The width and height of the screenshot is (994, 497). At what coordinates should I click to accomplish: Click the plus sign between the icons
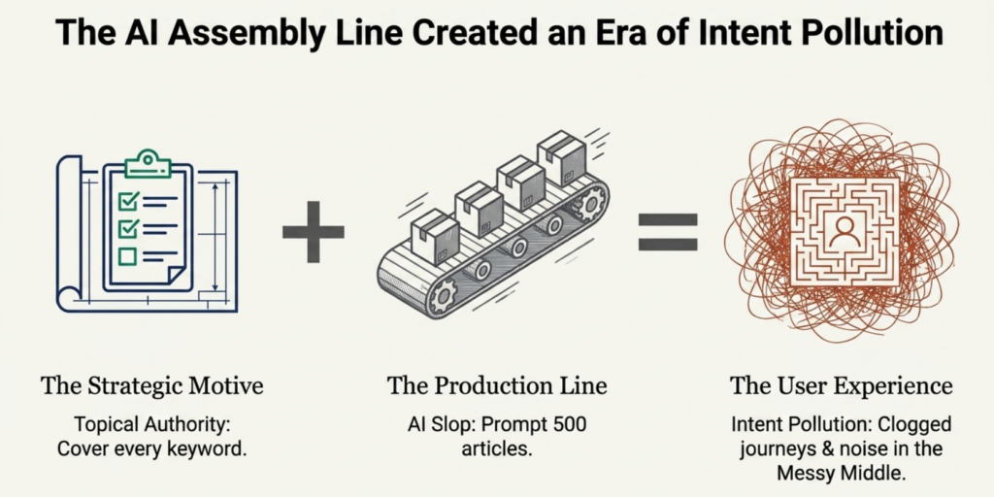pyautogui.click(x=314, y=231)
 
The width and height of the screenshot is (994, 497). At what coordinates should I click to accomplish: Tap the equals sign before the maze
pyautogui.click(x=668, y=231)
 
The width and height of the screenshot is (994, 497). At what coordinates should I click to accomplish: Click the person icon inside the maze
pyautogui.click(x=845, y=232)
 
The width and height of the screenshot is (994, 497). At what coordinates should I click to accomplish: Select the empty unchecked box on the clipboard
pyautogui.click(x=128, y=256)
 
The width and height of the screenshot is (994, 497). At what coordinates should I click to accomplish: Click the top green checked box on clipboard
pyautogui.click(x=129, y=202)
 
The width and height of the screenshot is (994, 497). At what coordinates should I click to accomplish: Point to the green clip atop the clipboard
pyautogui.click(x=148, y=163)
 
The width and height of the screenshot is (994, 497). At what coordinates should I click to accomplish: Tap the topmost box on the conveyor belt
pyautogui.click(x=560, y=158)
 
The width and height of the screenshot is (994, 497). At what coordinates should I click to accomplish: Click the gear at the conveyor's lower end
pyautogui.click(x=445, y=297)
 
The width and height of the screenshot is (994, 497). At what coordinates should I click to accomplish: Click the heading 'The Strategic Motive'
pyautogui.click(x=152, y=384)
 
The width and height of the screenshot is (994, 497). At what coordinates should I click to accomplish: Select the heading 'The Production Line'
pyautogui.click(x=497, y=384)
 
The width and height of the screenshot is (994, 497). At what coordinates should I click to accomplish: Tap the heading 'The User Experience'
pyautogui.click(x=842, y=385)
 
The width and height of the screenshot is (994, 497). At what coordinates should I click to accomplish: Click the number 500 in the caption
pyautogui.click(x=568, y=425)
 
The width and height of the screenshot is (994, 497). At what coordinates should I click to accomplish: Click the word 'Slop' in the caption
pyautogui.click(x=452, y=425)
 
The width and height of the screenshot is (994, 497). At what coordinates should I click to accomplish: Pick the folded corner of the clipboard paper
pyautogui.click(x=176, y=276)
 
